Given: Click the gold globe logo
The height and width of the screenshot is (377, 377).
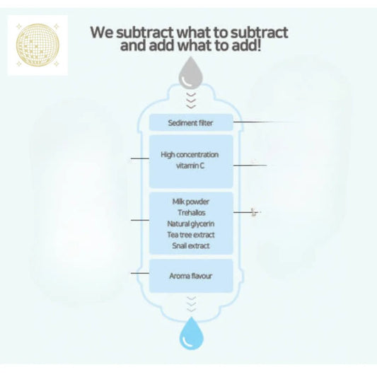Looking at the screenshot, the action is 37,45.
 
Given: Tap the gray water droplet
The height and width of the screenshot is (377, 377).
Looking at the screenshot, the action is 191,73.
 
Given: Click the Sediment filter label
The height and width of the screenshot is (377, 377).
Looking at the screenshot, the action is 190,123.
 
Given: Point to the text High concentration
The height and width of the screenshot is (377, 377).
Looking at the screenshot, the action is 190,155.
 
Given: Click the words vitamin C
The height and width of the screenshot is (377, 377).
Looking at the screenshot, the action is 190,166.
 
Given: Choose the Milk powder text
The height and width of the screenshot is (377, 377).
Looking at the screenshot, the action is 191,202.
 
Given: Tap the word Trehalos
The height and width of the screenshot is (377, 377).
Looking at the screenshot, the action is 192,212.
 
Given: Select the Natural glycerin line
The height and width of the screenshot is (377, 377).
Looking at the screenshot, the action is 191,224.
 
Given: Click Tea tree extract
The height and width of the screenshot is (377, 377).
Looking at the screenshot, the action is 191,235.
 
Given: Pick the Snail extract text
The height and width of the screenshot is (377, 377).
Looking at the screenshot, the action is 191,245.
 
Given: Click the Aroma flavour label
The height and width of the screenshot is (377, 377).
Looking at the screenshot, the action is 191,276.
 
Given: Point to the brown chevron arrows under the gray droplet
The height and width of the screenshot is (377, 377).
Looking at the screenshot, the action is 191,100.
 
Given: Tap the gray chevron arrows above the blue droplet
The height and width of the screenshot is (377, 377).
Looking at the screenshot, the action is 192,304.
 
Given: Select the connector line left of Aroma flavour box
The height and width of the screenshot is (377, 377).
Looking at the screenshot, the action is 140,273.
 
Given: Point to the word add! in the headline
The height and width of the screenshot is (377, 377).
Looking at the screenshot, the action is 246,45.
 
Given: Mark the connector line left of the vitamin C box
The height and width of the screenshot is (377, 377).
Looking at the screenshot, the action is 140,158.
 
